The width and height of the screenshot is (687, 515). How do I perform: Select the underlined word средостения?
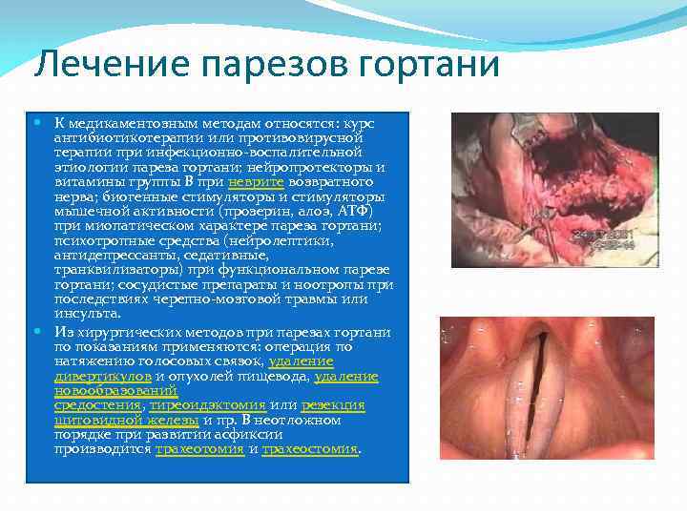93,404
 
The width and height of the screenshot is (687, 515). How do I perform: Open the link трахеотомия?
199,447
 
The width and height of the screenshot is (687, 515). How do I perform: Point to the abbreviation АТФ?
352,210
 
